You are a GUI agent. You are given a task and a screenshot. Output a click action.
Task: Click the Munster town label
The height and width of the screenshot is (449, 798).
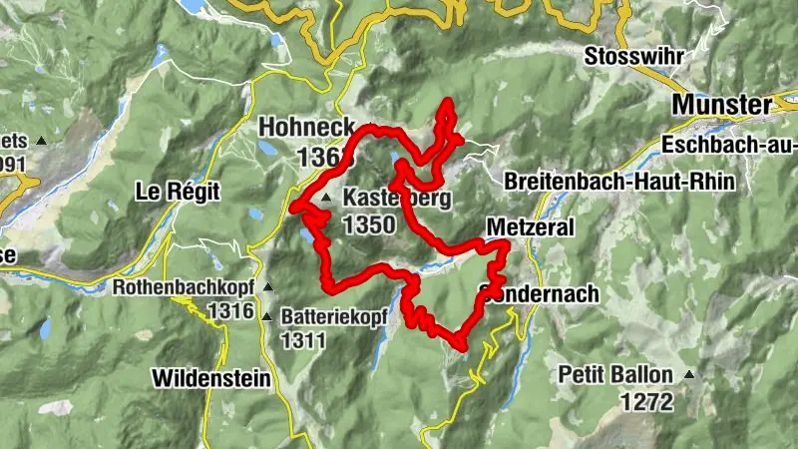pos(722,105)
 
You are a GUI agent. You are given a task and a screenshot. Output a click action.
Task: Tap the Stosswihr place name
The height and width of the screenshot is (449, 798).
pos(634,55)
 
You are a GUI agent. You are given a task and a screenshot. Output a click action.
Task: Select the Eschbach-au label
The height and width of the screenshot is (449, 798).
pos(729,146)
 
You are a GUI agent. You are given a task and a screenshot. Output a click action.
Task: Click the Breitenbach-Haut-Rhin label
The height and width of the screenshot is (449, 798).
pos(619,182)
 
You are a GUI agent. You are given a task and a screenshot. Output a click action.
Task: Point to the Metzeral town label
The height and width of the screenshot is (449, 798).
pos(531,227)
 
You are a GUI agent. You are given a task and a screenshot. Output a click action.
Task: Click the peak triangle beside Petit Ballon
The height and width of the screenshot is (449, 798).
pos(688,376)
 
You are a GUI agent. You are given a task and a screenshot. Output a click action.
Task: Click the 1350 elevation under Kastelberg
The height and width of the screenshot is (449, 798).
pos(368,224)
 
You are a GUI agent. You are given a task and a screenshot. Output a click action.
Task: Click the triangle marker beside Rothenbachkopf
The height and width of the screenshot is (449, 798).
pos(267,287)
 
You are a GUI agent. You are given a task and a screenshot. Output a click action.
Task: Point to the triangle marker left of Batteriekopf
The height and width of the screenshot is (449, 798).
pos(267,317)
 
